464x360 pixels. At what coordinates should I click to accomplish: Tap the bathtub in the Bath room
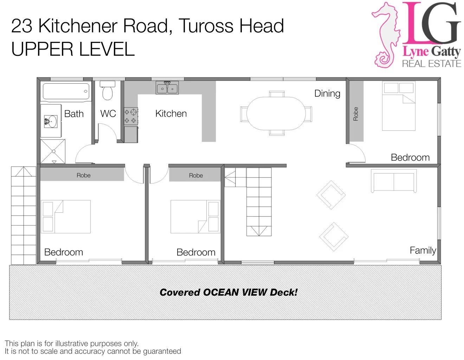[65, 91]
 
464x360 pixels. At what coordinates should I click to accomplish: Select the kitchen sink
[167, 88]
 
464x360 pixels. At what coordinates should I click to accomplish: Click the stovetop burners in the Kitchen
[130, 116]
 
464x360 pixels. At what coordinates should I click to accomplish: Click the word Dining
[327, 94]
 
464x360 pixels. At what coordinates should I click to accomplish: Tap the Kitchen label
[171, 114]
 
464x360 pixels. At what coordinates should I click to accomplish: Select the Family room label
[423, 250]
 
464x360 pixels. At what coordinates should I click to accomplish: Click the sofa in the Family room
[394, 181]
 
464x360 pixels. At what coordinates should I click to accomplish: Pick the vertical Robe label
[356, 114]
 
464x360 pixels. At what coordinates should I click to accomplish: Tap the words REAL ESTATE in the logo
[431, 64]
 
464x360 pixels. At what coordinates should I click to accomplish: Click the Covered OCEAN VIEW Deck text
[228, 292]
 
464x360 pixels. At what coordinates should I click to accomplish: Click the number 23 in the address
[22, 26]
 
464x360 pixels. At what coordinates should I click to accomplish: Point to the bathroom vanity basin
[51, 122]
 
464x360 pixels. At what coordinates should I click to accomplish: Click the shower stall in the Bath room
[53, 152]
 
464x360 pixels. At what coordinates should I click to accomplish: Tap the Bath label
[74, 114]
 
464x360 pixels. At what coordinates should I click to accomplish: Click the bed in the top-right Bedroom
[399, 106]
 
